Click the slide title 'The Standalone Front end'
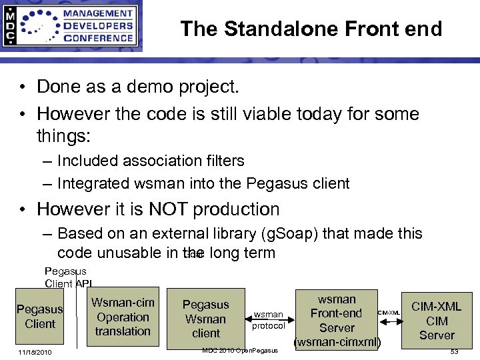pyautogui.click(x=311, y=29)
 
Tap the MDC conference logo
pyautogui.click(x=71, y=26)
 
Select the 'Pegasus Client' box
pyautogui.click(x=40, y=317)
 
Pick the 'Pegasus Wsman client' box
pyautogui.click(x=205, y=319)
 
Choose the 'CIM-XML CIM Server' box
pyautogui.click(x=437, y=321)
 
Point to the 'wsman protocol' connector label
pyautogui.click(x=269, y=320)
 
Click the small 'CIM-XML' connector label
pyautogui.click(x=389, y=312)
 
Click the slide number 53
pyautogui.click(x=454, y=352)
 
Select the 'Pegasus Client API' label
pyautogui.click(x=69, y=277)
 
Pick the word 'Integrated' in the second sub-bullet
pyautogui.click(x=97, y=182)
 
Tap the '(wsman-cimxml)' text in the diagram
pyautogui.click(x=337, y=343)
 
